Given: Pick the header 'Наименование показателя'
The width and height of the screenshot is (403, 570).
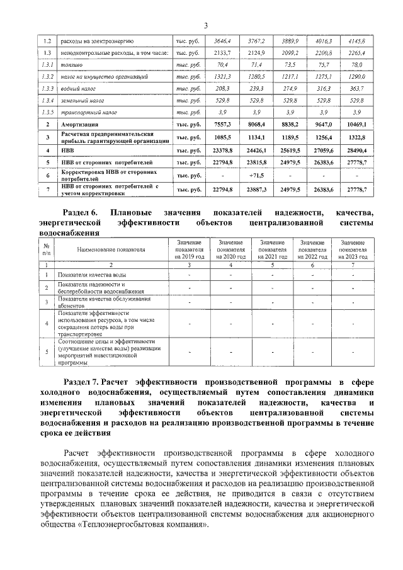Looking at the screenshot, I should (111, 249).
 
